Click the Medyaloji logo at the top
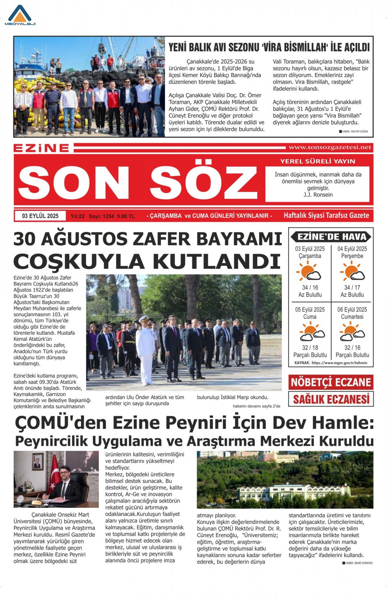(20, 15)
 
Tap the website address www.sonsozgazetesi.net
(330, 148)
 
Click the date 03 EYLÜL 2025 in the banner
(40, 216)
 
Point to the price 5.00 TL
(126, 216)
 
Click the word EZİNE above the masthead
(42, 148)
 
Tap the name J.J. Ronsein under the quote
(318, 195)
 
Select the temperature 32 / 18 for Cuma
(310, 348)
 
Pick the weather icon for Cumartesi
(352, 331)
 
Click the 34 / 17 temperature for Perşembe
(352, 288)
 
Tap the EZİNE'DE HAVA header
(331, 237)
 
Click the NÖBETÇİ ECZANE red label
(331, 382)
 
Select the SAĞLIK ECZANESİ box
(331, 399)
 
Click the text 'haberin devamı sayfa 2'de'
(256, 406)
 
